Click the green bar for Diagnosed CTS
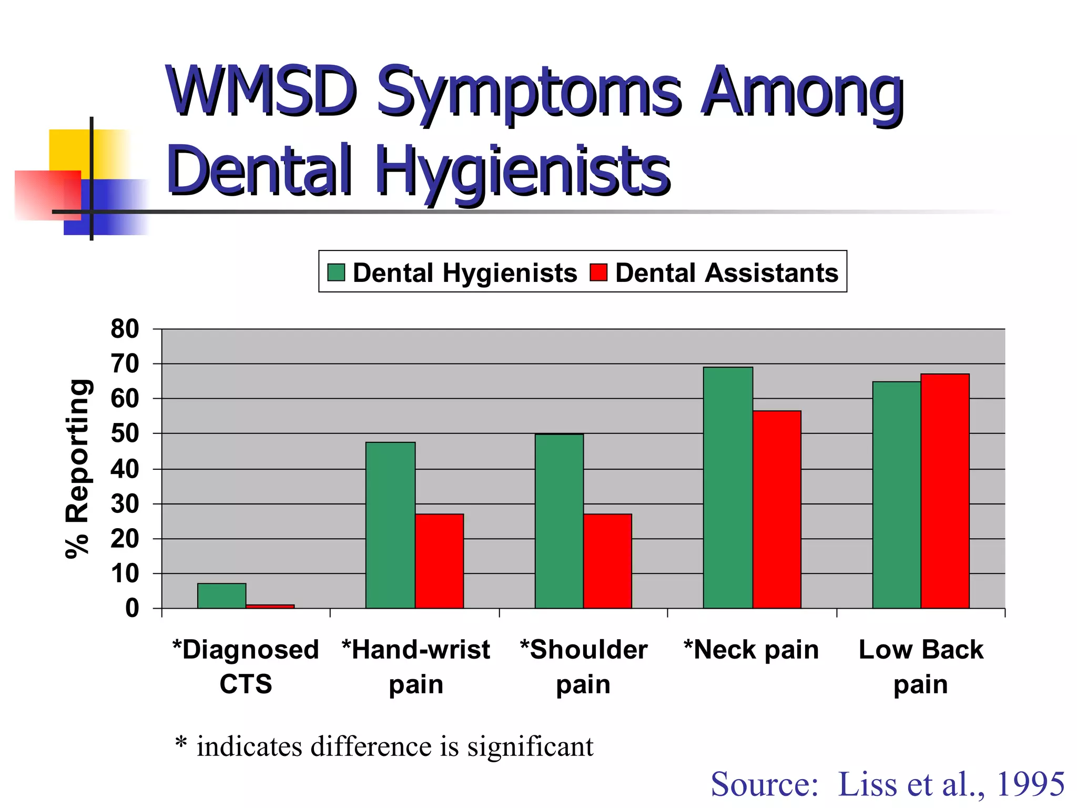tap(221, 595)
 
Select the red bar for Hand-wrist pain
tap(439, 561)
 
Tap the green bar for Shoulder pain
tap(559, 521)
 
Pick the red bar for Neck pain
tap(777, 509)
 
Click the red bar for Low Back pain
tap(945, 491)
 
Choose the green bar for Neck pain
tap(728, 488)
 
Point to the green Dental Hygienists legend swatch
tap(336, 272)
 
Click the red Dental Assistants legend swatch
tap(598, 272)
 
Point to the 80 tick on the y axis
tap(125, 329)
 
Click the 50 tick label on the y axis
tap(125, 433)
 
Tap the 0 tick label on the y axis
tap(132, 608)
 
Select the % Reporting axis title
tap(77, 468)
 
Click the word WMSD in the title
tap(261, 92)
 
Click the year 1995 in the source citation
tap(1030, 784)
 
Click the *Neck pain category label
tap(751, 650)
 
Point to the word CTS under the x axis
tap(246, 684)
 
